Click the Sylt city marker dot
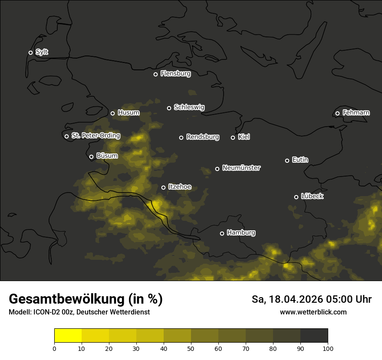30,52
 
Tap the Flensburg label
175,74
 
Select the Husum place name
128,113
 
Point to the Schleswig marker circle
169,108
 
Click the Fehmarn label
356,113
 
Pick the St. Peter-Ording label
95,136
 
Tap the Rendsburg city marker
181,137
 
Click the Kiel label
244,137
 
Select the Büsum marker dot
91,157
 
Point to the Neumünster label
241,168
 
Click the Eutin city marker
287,160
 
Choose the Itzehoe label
179,187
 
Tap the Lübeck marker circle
296,197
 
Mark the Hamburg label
241,233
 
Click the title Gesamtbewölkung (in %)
86,299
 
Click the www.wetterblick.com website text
313,312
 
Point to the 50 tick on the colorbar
191,348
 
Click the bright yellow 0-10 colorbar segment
68,336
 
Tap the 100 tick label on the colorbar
328,348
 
